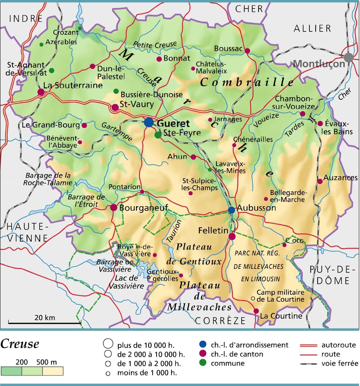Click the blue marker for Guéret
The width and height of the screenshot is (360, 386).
(x=149, y=122)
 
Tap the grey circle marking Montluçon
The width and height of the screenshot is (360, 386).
(x=349, y=57)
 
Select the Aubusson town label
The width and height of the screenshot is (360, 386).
(x=256, y=208)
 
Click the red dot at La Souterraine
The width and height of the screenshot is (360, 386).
(x=41, y=92)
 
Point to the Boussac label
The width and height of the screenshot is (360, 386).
(x=228, y=48)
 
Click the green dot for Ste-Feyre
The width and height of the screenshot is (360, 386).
(x=158, y=135)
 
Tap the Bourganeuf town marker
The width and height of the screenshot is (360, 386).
(x=114, y=207)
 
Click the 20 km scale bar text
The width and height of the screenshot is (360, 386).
(x=45, y=317)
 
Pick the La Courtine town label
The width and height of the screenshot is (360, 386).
(x=281, y=316)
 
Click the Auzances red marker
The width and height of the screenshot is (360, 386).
(x=320, y=181)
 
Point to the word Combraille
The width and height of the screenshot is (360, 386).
(x=247, y=82)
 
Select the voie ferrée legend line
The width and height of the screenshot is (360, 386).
(x=309, y=364)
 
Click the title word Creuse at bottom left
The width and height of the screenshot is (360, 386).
(x=20, y=344)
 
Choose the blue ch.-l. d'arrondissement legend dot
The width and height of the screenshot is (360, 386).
(x=203, y=345)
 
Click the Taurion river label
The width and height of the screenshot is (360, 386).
(x=174, y=232)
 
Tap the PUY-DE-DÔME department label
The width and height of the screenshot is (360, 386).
(x=333, y=275)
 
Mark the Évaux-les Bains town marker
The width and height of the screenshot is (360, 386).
(x=320, y=123)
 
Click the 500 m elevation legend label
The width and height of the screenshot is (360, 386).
(x=46, y=362)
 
